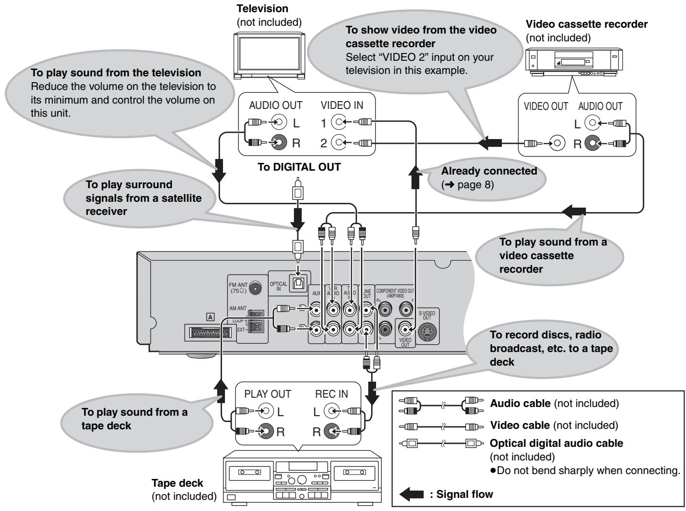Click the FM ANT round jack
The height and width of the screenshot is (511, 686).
tap(253, 289)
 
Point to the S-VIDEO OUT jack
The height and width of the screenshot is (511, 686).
tap(427, 332)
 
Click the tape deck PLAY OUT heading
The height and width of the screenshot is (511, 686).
tap(267, 394)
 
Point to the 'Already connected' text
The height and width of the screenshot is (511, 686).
tap(488, 171)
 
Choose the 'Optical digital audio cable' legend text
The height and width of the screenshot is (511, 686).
tap(556, 443)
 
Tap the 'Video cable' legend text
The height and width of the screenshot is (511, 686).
tap(519, 425)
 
